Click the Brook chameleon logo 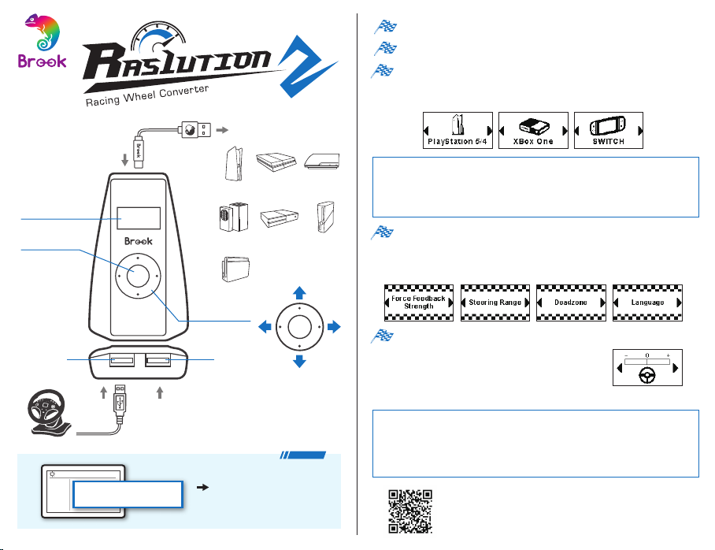(42, 42)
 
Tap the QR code (410, 511)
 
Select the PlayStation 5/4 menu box (458, 130)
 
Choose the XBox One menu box (534, 130)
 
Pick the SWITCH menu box (609, 130)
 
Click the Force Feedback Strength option (419, 303)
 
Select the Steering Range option (495, 303)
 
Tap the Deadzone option (572, 303)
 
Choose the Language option (647, 303)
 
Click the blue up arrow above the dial (299, 292)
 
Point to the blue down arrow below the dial (299, 361)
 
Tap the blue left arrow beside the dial (265, 327)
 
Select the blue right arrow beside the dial (334, 327)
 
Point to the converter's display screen (139, 218)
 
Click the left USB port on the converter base (122, 361)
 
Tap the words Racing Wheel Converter (147, 95)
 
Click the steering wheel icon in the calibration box (647, 376)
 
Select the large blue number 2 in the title (306, 65)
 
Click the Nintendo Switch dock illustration (235, 269)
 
